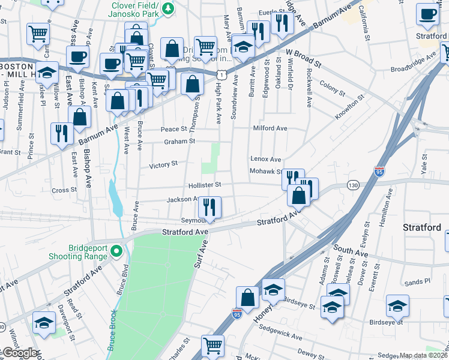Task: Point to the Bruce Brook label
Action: [113, 330]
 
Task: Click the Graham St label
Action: [180, 142]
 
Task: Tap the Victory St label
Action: [163, 164]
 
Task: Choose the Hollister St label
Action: [205, 185]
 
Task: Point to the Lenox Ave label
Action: [265, 160]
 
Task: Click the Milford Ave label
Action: [270, 128]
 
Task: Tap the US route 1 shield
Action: [221, 73]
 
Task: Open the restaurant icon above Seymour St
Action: [209, 207]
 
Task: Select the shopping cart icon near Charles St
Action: [212, 346]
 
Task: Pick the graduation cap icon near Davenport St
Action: [44, 322]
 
